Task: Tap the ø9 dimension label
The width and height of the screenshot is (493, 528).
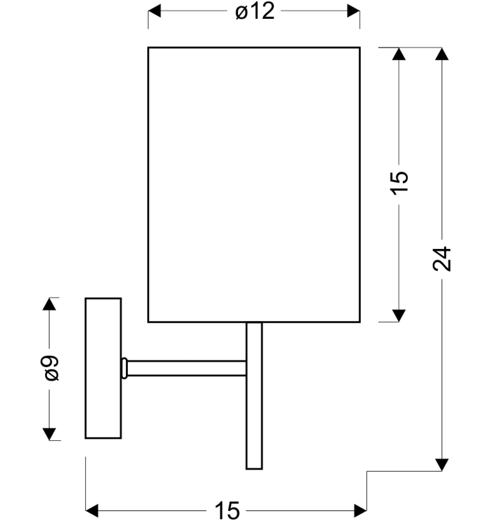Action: click(x=50, y=368)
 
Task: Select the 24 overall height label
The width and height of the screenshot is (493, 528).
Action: click(x=442, y=259)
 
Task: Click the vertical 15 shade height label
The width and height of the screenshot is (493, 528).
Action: click(x=399, y=182)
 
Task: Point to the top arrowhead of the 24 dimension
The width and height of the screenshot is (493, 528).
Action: click(x=442, y=54)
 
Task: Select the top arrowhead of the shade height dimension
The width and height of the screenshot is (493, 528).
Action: click(x=399, y=54)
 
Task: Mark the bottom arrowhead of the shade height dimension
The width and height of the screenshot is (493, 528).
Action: click(x=399, y=316)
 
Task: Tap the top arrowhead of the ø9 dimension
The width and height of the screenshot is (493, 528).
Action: click(x=49, y=304)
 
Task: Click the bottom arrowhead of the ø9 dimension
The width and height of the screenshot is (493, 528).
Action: click(x=49, y=434)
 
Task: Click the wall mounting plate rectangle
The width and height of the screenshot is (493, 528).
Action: click(x=103, y=368)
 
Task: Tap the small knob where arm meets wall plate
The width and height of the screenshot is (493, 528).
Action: click(x=125, y=368)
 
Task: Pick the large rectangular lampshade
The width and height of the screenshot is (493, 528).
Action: click(x=254, y=185)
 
